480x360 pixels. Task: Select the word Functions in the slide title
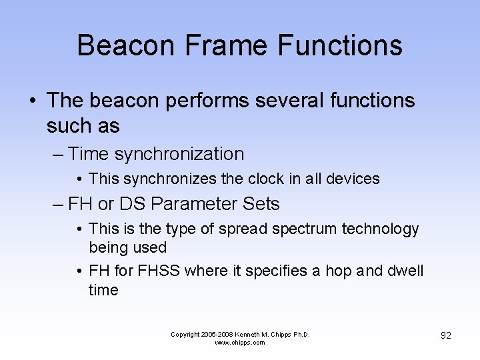coord(340,46)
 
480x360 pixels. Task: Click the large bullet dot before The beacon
coord(32,101)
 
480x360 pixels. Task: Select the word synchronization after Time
coord(179,155)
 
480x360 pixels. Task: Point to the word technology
coord(381,229)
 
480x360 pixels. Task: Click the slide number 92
coord(446,335)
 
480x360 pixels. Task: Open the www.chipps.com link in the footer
coord(240,343)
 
